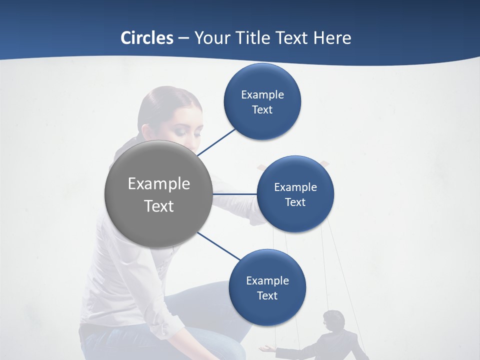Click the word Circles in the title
147,38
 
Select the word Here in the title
332,38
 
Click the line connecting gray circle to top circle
216,141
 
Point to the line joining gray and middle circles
235,193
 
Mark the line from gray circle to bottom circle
219,246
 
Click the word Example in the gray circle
159,183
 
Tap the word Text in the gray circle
159,206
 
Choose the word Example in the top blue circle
262,94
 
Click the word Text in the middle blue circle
295,202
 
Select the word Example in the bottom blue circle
267,280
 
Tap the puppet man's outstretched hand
266,348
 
